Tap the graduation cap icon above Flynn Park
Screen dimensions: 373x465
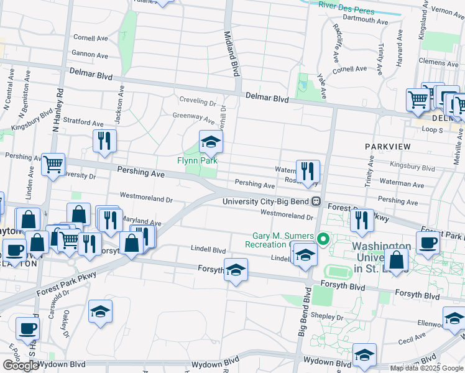(x=211, y=142)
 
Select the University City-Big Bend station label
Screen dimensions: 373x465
(x=267, y=201)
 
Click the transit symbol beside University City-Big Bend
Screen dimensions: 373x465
(x=316, y=201)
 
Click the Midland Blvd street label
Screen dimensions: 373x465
(x=232, y=54)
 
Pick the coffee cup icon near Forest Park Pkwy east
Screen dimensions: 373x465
(x=428, y=243)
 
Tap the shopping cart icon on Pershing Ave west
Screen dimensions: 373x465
(x=53, y=165)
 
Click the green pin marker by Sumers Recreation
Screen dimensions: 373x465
(x=323, y=239)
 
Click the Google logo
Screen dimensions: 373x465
(x=21, y=366)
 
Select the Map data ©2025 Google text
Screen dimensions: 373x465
(x=426, y=368)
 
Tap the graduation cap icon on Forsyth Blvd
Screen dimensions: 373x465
(x=236, y=270)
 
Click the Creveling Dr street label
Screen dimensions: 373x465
(x=197, y=101)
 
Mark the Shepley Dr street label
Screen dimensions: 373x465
(x=323, y=315)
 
